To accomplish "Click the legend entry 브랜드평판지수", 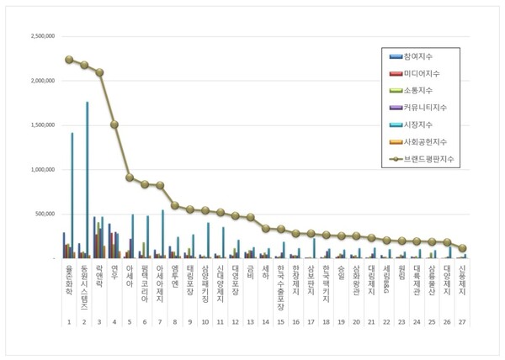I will [x=429, y=157].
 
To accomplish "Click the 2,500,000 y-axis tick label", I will [x=43, y=37].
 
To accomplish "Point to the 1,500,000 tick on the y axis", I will [x=43, y=125].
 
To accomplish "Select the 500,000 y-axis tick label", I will [x=45, y=214].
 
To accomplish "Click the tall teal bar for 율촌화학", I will [x=72, y=194].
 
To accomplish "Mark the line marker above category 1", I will [x=68, y=60].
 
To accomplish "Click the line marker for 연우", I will [x=114, y=124].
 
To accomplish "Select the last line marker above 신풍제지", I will [x=463, y=248].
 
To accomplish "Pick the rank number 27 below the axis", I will [x=463, y=321].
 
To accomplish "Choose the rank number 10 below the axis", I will [x=205, y=321].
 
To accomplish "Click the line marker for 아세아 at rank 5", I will [x=129, y=177].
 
